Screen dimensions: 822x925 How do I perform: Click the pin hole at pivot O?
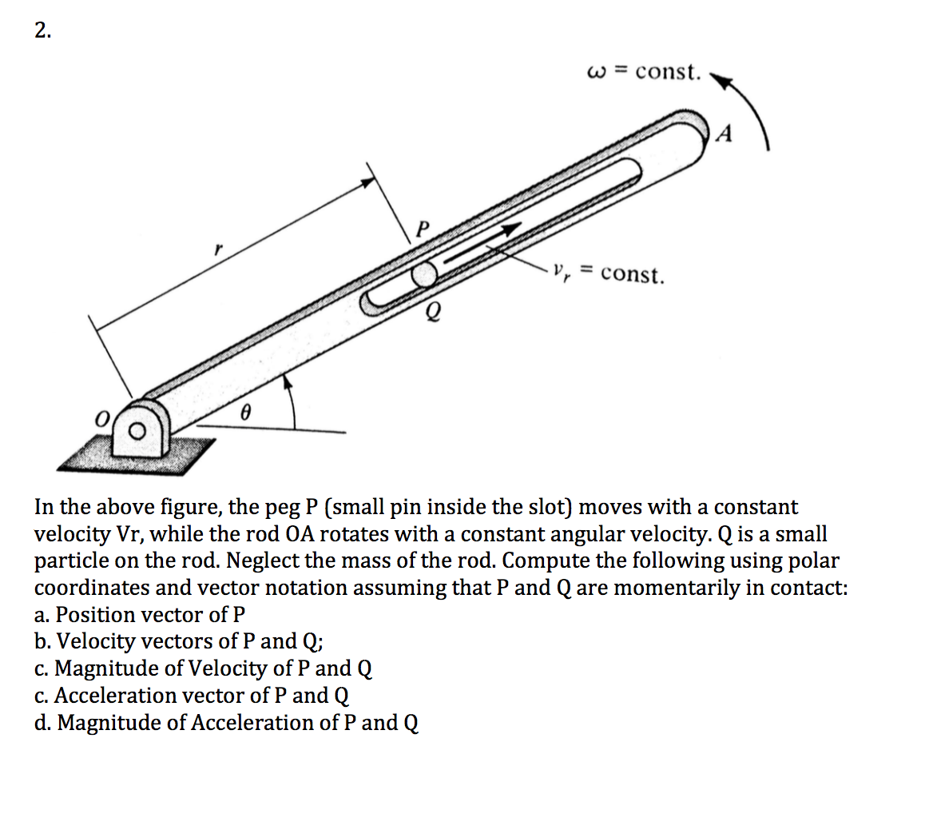pos(138,432)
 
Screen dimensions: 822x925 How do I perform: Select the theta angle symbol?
pos(247,413)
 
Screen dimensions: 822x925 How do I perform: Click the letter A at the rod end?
pos(724,134)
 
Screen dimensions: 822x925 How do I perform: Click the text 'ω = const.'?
pos(644,72)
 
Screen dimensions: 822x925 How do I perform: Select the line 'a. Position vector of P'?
pos(140,615)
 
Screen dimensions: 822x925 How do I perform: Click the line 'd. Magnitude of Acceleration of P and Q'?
pos(227,723)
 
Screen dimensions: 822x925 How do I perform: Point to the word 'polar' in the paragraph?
pos(812,561)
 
